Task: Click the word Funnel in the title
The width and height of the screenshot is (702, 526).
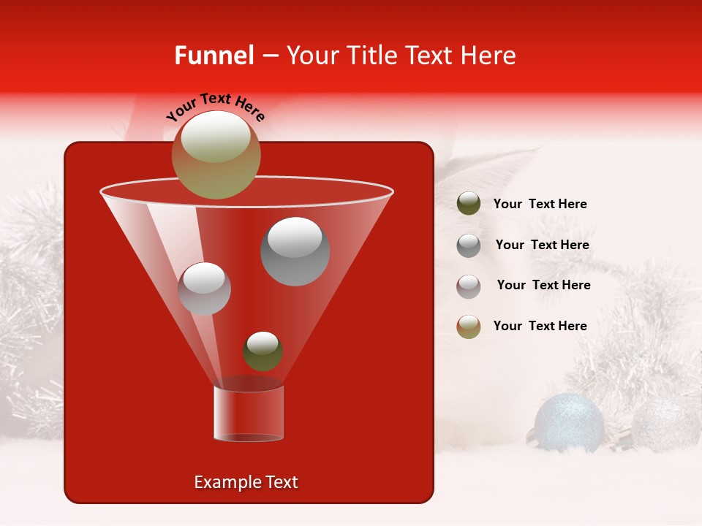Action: [214, 56]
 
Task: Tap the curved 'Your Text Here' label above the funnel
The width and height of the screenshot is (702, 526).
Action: [215, 106]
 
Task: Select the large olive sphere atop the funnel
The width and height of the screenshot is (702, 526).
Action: [216, 154]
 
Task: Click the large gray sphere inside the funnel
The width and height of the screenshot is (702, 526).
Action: [295, 251]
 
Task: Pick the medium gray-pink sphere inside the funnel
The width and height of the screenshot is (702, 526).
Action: [205, 289]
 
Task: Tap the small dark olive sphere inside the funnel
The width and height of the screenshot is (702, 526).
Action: [263, 351]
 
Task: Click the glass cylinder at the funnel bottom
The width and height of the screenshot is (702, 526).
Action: [249, 413]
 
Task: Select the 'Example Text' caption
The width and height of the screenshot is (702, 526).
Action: [246, 482]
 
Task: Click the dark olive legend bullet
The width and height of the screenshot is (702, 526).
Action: [469, 204]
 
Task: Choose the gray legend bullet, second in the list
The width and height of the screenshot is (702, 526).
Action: [469, 245]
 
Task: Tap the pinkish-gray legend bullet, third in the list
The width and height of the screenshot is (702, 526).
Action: [469, 286]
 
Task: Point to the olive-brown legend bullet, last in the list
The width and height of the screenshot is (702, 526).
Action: [469, 327]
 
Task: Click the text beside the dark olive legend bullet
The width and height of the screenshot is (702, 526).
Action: [540, 204]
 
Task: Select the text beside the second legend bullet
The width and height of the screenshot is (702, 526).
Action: [542, 245]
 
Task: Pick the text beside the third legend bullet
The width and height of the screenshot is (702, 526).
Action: [543, 285]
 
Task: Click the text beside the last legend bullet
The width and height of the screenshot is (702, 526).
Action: [540, 326]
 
